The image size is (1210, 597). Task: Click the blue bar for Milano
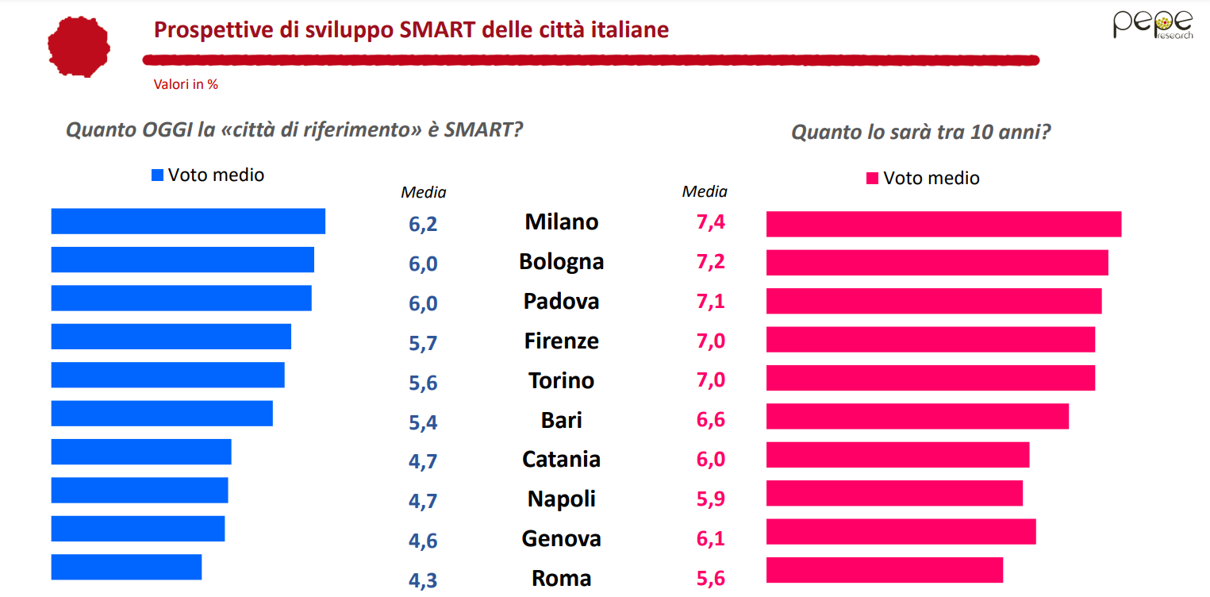188,221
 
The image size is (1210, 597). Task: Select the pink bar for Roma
884,570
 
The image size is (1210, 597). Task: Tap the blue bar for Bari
162,414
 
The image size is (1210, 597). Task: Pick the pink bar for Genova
901,532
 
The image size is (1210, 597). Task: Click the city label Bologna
561,261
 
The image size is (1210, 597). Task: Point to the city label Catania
561,459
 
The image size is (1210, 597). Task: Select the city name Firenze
561,341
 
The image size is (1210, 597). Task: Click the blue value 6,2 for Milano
423,224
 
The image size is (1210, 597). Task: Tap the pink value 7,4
710,221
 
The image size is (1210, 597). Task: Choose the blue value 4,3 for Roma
423,580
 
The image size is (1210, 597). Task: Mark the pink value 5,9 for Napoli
710,499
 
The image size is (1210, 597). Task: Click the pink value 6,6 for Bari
710,419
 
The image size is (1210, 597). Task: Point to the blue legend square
157,175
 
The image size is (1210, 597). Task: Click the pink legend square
872,179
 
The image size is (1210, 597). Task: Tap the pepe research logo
1152,25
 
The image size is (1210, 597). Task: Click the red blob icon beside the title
78,45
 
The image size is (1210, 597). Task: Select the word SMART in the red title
432,30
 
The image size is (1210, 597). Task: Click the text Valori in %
186,84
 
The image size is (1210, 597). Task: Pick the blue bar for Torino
167,375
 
